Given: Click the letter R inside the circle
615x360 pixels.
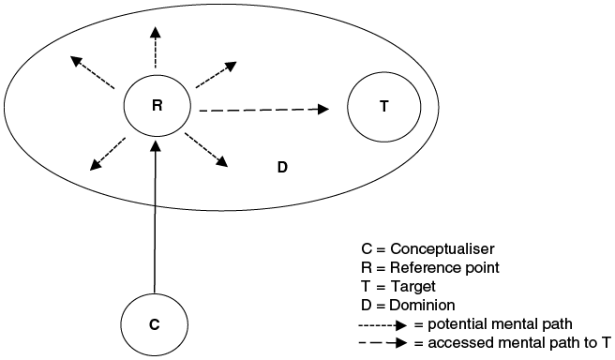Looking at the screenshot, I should point(157,105).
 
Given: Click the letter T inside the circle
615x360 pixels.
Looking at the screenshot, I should point(383,106).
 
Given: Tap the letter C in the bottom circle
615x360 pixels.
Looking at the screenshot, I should point(154,324).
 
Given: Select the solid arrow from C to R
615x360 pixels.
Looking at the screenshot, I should point(156,216).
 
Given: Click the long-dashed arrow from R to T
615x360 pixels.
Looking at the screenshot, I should point(262,110).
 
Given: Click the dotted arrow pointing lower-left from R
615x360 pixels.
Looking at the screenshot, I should point(108,155).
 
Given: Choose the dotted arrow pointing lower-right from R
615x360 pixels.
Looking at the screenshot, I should point(206,150).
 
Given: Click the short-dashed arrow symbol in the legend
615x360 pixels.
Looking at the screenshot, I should point(385,324).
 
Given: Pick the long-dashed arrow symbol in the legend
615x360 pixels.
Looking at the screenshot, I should point(385,343).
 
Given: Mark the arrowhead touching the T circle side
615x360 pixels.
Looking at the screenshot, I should point(323,109).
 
